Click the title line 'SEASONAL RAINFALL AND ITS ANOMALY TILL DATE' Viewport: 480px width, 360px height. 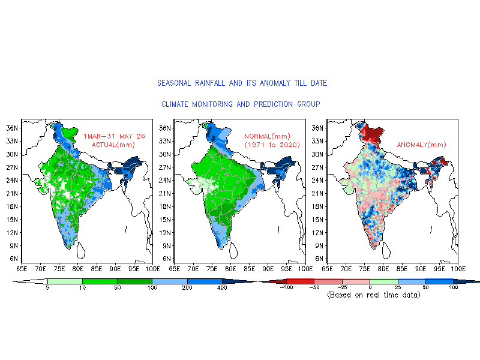(242, 83)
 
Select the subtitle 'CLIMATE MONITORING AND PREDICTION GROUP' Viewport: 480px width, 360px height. (241, 104)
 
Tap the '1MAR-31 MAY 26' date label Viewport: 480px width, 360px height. (114, 136)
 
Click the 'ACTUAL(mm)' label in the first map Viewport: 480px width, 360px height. (113, 145)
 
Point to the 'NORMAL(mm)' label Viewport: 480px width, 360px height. (267, 136)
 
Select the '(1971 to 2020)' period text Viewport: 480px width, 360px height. (272, 145)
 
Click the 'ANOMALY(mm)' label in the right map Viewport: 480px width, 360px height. (422, 145)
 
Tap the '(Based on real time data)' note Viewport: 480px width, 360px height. (374, 295)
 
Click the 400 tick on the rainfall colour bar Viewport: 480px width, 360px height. (222, 288)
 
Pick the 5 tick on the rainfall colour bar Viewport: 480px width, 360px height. (47, 288)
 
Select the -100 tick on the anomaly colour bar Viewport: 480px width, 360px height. (287, 287)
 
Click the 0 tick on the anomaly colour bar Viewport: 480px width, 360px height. (370, 287)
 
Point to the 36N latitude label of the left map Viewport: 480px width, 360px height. (12, 128)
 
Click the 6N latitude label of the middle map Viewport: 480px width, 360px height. (167, 259)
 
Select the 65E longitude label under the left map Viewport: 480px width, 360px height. (22, 269)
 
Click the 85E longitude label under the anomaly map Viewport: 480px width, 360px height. (402, 269)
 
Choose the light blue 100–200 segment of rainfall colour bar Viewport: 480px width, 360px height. (170, 281)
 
